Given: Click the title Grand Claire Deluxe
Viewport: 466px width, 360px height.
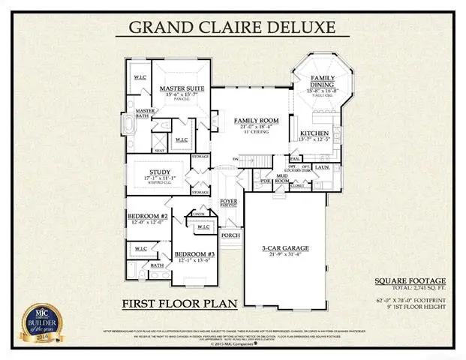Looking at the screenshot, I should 233,27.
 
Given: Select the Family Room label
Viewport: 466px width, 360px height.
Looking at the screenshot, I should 256,121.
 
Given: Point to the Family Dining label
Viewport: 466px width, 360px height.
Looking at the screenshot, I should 323,82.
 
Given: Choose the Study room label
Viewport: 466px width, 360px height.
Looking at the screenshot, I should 161,170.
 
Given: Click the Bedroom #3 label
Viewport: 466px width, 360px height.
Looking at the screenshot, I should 194,255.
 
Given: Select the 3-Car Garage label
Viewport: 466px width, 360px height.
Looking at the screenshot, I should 285,248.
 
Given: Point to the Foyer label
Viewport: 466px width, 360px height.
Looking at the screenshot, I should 228,200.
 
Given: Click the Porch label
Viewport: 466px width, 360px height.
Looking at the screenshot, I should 230,235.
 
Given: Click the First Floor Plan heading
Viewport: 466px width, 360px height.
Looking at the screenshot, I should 179,303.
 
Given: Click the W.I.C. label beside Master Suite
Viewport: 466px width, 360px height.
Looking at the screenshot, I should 140,78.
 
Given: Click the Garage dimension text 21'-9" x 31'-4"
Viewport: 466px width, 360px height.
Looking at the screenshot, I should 285,255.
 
